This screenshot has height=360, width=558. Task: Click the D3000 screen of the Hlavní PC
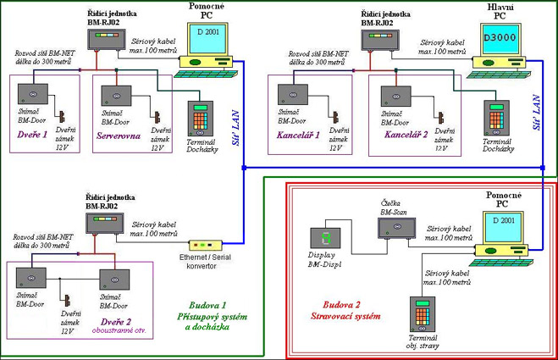pyautogui.click(x=499, y=38)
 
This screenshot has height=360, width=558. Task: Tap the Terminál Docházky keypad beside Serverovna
pyautogui.click(x=199, y=119)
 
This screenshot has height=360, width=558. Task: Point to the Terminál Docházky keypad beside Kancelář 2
pyautogui.click(x=495, y=119)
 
